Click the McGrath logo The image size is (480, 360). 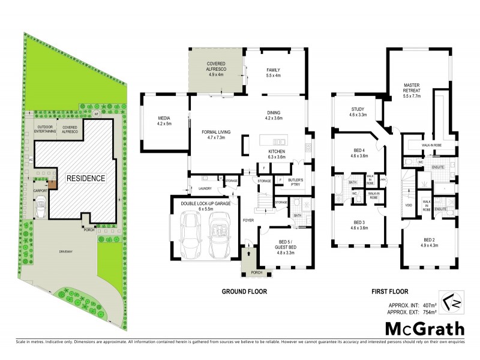tap(424, 329)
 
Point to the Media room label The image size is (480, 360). tap(164, 121)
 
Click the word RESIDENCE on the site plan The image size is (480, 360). tap(85, 179)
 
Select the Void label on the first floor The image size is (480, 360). tap(409, 205)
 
